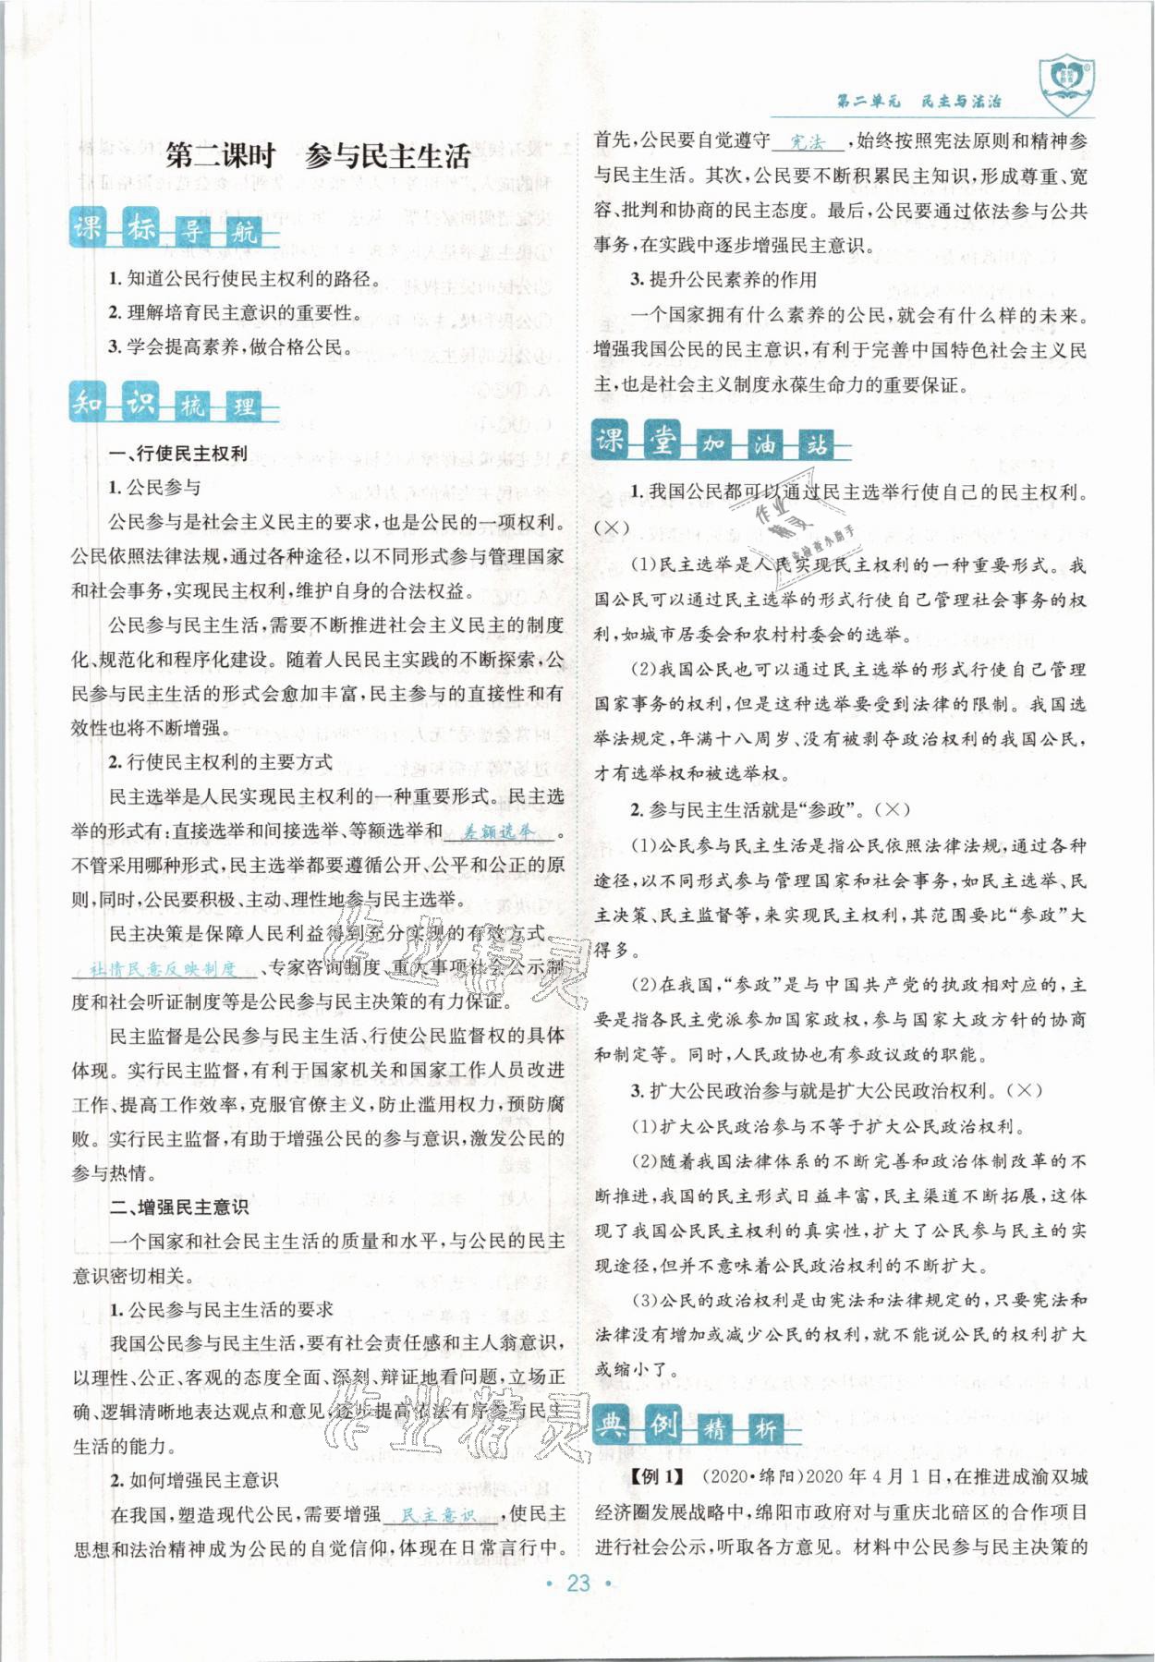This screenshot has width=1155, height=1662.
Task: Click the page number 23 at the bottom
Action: click(x=578, y=1583)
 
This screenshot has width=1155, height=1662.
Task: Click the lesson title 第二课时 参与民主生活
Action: click(x=318, y=156)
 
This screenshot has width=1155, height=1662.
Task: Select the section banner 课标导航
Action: click(x=174, y=228)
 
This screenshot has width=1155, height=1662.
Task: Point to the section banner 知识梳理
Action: click(x=174, y=404)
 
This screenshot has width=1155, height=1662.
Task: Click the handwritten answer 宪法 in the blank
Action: click(x=807, y=141)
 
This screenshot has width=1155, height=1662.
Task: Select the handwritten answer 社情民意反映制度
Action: click(x=164, y=968)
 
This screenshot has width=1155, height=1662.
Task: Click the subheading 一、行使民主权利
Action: click(x=177, y=454)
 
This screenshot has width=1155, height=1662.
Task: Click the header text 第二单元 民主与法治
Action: click(x=918, y=102)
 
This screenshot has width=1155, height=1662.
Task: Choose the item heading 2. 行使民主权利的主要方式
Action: click(x=220, y=762)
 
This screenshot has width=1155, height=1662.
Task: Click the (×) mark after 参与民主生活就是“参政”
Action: click(x=891, y=809)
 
